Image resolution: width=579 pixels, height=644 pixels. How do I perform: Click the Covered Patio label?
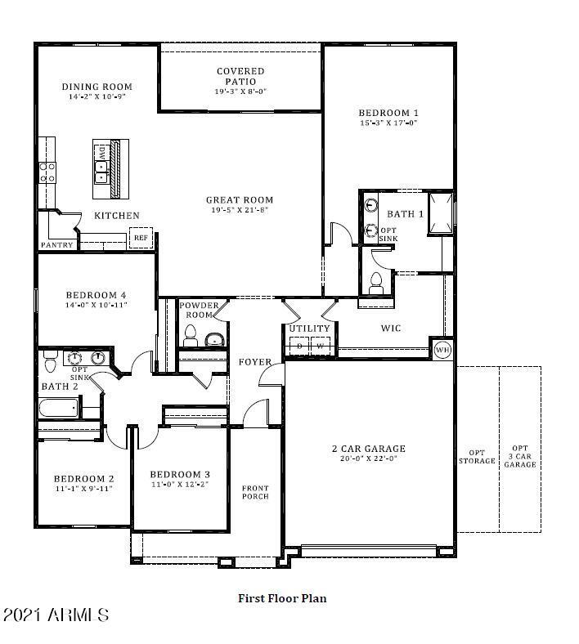point(240,77)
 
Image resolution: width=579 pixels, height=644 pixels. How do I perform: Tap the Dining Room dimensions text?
point(96,96)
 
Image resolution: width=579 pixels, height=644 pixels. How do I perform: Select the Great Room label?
point(239,199)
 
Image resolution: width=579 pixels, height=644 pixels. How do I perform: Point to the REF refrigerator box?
point(141,238)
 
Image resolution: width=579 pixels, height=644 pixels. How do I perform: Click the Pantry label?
point(57,245)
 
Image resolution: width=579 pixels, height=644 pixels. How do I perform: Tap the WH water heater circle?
point(442,349)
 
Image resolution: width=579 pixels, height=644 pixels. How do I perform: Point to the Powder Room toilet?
point(191,335)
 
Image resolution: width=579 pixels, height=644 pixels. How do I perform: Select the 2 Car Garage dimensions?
point(368,459)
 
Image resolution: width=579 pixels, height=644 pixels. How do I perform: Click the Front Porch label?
point(254,493)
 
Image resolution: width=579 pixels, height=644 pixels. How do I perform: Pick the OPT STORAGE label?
point(477,457)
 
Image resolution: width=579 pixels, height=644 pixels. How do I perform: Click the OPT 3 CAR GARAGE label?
point(519,456)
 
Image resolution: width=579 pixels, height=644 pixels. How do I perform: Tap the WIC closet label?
point(391,329)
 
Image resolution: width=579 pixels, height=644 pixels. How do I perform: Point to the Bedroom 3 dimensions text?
point(180,485)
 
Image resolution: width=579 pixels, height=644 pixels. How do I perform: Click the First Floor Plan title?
point(282,598)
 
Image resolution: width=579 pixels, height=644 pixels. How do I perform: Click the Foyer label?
point(254,362)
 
